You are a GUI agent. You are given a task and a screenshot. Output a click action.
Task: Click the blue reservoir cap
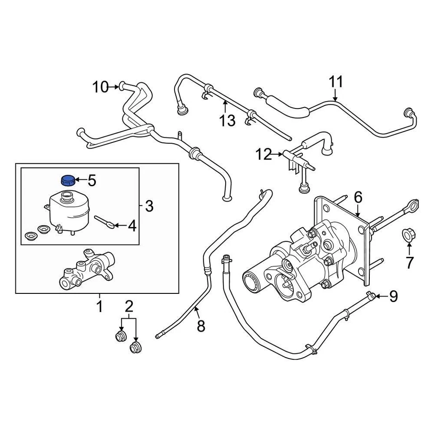coord(67,180)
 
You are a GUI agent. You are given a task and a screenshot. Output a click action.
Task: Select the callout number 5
coord(92,181)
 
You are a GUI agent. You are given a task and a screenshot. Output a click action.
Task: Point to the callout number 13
coord(228,120)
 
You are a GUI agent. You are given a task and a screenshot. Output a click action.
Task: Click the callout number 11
coord(335,82)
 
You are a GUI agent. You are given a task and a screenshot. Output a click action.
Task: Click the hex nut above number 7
coord(408,236)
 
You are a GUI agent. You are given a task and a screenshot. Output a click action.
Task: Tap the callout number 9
coord(393,297)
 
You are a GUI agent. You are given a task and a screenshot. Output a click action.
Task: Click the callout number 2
coord(129,307)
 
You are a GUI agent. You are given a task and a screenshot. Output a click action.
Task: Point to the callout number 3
coord(149,207)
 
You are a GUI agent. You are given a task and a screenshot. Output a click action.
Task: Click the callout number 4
coord(132,225)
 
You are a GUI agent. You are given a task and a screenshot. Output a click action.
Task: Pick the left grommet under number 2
coord(120,336)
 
